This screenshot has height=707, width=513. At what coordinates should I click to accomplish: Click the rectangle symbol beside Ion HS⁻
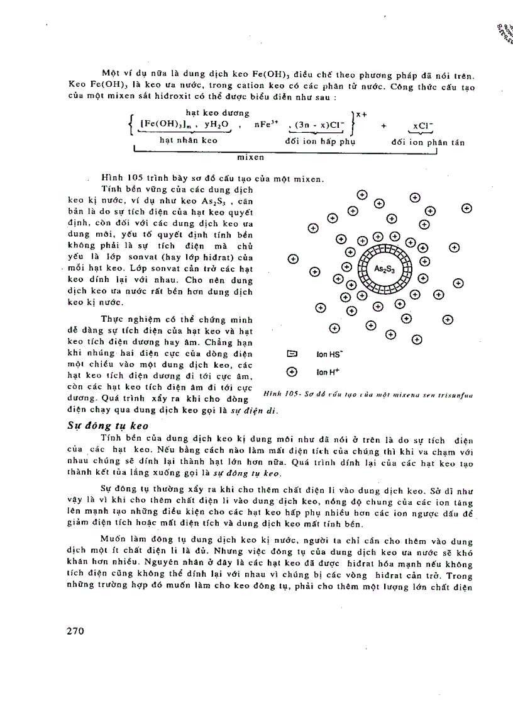point(292,354)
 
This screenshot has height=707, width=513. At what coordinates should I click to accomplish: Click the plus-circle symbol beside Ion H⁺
point(292,372)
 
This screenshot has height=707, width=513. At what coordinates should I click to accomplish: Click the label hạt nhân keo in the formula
point(189,141)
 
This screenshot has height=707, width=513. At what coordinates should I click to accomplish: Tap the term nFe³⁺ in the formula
point(266,126)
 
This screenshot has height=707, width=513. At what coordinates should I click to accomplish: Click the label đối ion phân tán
point(427,143)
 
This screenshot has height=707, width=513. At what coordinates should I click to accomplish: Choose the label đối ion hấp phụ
point(320,142)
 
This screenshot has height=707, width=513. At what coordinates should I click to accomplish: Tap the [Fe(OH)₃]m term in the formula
point(165,125)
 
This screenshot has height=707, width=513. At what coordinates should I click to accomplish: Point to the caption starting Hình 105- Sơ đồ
point(367,395)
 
